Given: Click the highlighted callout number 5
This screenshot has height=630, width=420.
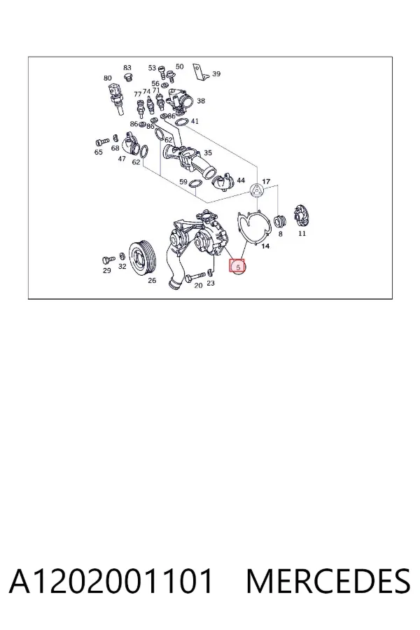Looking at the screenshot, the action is coord(237,267).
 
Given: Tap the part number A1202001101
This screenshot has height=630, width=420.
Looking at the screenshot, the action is coord(111,581).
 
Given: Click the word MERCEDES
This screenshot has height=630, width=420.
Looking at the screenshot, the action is coord(328,581).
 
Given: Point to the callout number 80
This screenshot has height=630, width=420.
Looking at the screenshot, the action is coord(107,78).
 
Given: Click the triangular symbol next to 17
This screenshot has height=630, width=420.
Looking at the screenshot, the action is coord(256,190).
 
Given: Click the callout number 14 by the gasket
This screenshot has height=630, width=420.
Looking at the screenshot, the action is coord(265,246).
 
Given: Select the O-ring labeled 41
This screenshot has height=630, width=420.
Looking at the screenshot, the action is coord(181,122).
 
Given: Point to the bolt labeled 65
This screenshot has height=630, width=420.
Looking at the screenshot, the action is coord(102,142).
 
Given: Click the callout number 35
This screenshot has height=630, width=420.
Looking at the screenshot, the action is coord(208,153).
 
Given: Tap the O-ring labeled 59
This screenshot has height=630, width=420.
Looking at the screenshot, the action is coord(195,183).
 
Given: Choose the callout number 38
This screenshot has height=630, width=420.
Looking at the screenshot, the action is coord(201,100).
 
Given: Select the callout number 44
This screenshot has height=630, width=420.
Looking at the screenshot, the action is coord(241,181).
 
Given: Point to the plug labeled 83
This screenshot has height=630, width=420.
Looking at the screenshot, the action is coord(128,77).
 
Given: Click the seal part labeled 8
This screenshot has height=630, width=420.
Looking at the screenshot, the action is coord(279,221).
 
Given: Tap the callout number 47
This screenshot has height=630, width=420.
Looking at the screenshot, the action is coord(122,159).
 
